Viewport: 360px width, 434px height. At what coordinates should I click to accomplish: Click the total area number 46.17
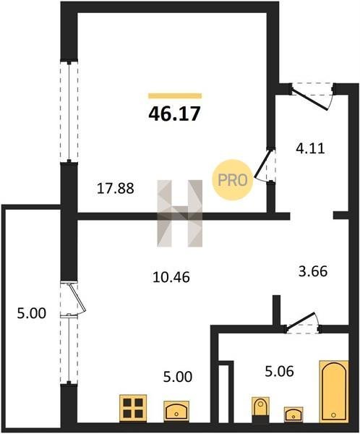point(174,114)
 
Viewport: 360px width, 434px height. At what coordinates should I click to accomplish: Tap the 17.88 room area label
point(116,189)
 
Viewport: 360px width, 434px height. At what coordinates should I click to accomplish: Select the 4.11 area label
point(310,148)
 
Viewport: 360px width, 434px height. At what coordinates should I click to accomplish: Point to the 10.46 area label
point(171,277)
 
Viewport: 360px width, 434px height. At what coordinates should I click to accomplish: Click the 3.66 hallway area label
point(313,271)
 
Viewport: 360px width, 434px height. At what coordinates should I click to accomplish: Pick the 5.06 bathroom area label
point(279,371)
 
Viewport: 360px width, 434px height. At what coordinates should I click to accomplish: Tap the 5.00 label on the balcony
point(32,314)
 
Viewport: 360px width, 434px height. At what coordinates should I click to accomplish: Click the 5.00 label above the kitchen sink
point(178,377)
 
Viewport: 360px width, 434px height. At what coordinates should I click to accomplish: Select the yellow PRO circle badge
point(233,180)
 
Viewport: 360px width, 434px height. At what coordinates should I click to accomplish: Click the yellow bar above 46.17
point(175,95)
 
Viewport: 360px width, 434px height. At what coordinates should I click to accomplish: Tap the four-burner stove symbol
point(133,408)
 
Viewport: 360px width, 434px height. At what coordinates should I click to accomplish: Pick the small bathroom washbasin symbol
point(293,414)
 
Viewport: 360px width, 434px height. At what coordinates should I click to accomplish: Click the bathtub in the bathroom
point(334,391)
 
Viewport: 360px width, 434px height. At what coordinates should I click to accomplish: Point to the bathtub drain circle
point(334,415)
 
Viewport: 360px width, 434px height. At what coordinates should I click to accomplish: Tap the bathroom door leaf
point(301,321)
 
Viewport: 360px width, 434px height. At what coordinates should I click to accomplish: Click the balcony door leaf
point(78,297)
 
